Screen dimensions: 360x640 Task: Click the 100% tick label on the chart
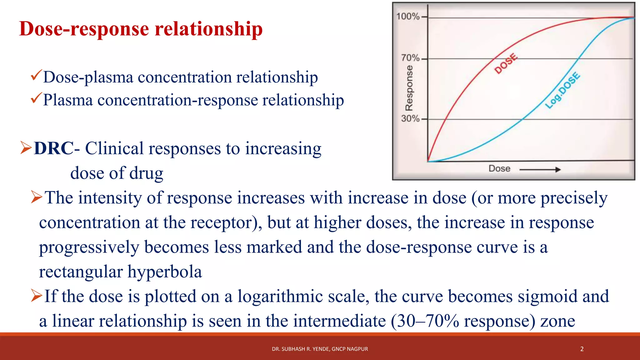408,16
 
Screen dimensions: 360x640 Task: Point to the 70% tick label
410,58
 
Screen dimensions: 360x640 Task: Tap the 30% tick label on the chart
410,118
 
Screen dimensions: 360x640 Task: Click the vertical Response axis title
409,88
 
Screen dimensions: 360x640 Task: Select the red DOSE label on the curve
506,64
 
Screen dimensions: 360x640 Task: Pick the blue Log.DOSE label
562,91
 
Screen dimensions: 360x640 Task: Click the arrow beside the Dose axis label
540,170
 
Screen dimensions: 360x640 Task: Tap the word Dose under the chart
499,169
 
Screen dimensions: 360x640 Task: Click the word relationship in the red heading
208,29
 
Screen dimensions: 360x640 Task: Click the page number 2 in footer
582,349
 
